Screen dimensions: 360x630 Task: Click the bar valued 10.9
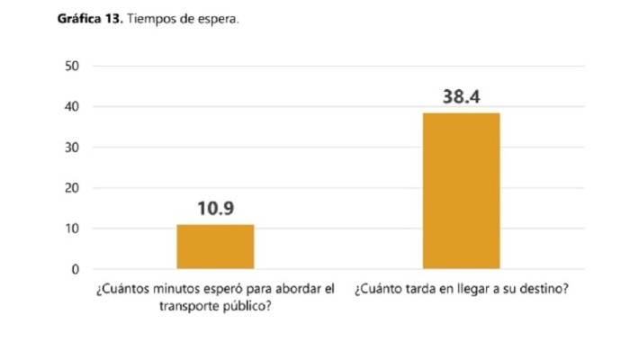tap(215, 247)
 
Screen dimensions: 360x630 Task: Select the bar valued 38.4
tap(461, 191)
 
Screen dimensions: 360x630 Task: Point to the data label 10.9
tap(215, 210)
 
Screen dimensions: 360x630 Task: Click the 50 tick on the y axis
tap(73, 67)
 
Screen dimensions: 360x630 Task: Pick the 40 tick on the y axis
tap(73, 107)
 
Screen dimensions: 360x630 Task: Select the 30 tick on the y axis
tap(73, 148)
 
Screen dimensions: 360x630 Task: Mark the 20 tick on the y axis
tap(73, 188)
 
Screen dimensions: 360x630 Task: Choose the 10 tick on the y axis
tap(73, 229)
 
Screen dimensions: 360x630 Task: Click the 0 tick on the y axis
tap(76, 269)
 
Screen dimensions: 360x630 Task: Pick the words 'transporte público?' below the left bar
tap(215, 306)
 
